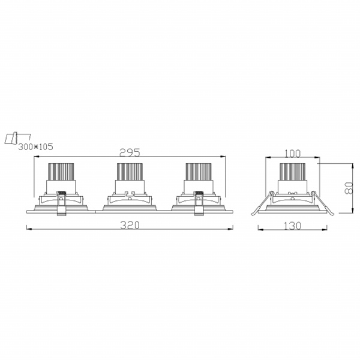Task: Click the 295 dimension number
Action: coord(130,152)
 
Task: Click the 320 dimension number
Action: coord(130,225)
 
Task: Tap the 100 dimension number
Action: coord(293,154)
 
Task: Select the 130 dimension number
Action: coord(293,226)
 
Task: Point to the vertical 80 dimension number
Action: coord(349,188)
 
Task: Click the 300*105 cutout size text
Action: coord(35,147)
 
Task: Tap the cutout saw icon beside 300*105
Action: coord(17,138)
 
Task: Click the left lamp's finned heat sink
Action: coord(61,172)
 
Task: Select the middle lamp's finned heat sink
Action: coord(130,172)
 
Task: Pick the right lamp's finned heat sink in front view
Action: coord(199,172)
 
